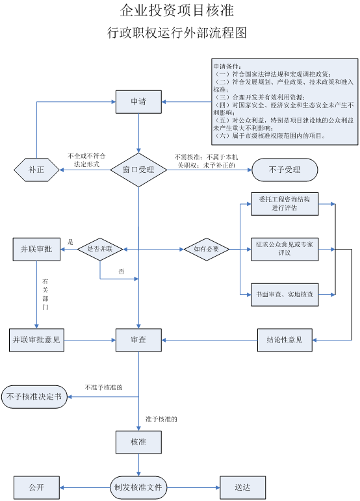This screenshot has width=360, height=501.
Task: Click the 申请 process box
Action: (x=138, y=101)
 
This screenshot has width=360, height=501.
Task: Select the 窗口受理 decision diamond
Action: (x=138, y=170)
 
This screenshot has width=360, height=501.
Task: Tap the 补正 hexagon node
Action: (x=36, y=170)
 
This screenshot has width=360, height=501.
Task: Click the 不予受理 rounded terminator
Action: (x=285, y=170)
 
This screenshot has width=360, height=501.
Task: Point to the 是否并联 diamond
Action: (x=99, y=248)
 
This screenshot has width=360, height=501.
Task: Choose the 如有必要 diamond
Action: (x=206, y=248)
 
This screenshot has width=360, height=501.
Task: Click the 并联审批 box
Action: (x=36, y=248)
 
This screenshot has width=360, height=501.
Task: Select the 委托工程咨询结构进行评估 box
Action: (x=285, y=204)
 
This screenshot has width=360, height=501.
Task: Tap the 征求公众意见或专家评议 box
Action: (x=285, y=248)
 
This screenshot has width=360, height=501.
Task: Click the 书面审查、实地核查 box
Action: (x=285, y=294)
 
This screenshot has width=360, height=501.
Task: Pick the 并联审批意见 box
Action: (x=36, y=339)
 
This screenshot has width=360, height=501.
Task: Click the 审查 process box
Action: (x=138, y=339)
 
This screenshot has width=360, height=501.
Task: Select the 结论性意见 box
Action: (x=285, y=339)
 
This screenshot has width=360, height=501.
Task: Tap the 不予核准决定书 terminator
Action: (x=34, y=396)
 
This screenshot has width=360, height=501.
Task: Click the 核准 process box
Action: (x=138, y=442)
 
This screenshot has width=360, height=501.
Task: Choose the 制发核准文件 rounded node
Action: (x=138, y=486)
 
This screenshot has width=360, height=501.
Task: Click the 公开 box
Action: (x=36, y=486)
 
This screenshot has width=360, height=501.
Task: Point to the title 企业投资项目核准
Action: (x=177, y=11)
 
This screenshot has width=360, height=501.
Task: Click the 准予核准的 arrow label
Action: (x=161, y=419)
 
